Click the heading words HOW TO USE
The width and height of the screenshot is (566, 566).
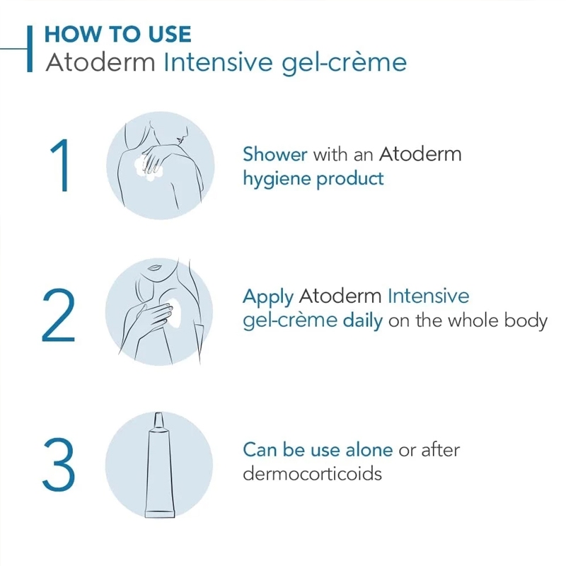tap(117, 34)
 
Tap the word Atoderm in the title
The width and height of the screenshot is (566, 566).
tap(100, 62)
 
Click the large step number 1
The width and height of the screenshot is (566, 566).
tap(61, 166)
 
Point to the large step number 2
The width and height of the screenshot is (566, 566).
tap(59, 315)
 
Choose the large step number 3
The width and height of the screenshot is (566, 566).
tap(59, 465)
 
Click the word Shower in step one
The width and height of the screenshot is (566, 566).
tap(275, 154)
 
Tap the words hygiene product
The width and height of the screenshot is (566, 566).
tap(313, 179)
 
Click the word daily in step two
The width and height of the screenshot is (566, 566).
tap(363, 321)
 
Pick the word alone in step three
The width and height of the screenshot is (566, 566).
tap(369, 450)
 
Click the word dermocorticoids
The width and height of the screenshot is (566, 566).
tap(312, 473)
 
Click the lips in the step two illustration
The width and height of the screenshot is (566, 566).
tap(154, 268)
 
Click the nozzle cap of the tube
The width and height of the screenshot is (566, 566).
tap(158, 420)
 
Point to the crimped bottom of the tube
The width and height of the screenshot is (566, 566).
tap(160, 513)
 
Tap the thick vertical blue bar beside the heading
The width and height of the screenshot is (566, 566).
tap(30, 49)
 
